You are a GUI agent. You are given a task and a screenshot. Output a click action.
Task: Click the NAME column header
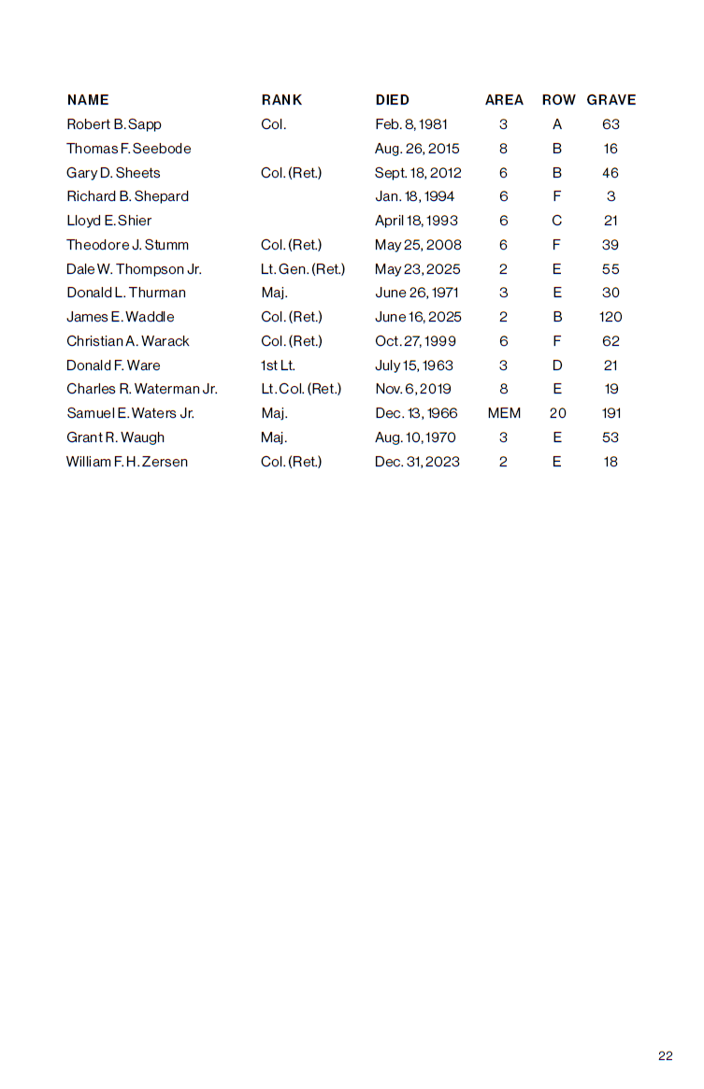coord(88,100)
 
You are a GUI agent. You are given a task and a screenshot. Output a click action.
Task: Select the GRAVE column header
coord(611,100)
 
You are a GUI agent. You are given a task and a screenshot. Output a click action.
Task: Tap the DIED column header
coord(393,100)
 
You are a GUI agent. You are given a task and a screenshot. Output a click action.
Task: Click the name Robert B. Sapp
coord(114,124)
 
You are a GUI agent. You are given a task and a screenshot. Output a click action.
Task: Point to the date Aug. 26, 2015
coord(417,149)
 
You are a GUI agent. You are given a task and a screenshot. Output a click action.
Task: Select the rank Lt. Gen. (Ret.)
coord(303,269)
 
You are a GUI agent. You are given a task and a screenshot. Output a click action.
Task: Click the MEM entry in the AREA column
coord(504,413)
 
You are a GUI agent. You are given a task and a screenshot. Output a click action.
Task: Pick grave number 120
coord(611,317)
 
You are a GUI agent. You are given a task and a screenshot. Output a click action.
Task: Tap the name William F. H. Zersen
coord(127,462)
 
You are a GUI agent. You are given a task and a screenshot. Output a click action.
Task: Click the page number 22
coord(666,1056)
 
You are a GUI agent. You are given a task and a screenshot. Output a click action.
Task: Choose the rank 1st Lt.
coord(278,365)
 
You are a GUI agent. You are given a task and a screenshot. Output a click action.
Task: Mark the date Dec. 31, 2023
coord(417,462)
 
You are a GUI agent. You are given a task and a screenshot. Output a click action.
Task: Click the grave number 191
coord(611,413)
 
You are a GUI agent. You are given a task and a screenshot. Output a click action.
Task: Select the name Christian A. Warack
coord(128,341)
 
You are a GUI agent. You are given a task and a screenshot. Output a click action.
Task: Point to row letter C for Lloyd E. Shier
coord(557,221)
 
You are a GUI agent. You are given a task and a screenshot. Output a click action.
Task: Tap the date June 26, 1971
coord(417,293)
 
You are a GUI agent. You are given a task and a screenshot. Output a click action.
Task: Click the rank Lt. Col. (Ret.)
coord(301,389)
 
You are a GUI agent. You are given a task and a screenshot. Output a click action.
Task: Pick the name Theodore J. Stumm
coord(127,245)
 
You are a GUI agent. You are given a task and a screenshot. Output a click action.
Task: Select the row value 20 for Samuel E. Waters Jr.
coord(557,413)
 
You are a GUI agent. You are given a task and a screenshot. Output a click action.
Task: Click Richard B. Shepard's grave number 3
coord(611,196)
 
